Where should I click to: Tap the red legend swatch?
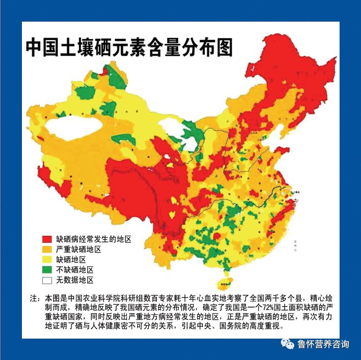pos(47,239)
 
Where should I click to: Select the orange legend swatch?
pos(47,250)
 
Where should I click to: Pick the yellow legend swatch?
pos(47,260)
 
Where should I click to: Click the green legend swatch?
pos(47,270)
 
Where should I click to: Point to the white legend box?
pos(47,280)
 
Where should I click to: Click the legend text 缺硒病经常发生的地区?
pos(94,239)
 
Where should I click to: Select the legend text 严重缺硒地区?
pos(79,250)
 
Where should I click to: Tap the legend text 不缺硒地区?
pos(75,270)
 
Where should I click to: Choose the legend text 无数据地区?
pos(75,280)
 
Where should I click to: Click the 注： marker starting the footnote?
pos(35,297)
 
